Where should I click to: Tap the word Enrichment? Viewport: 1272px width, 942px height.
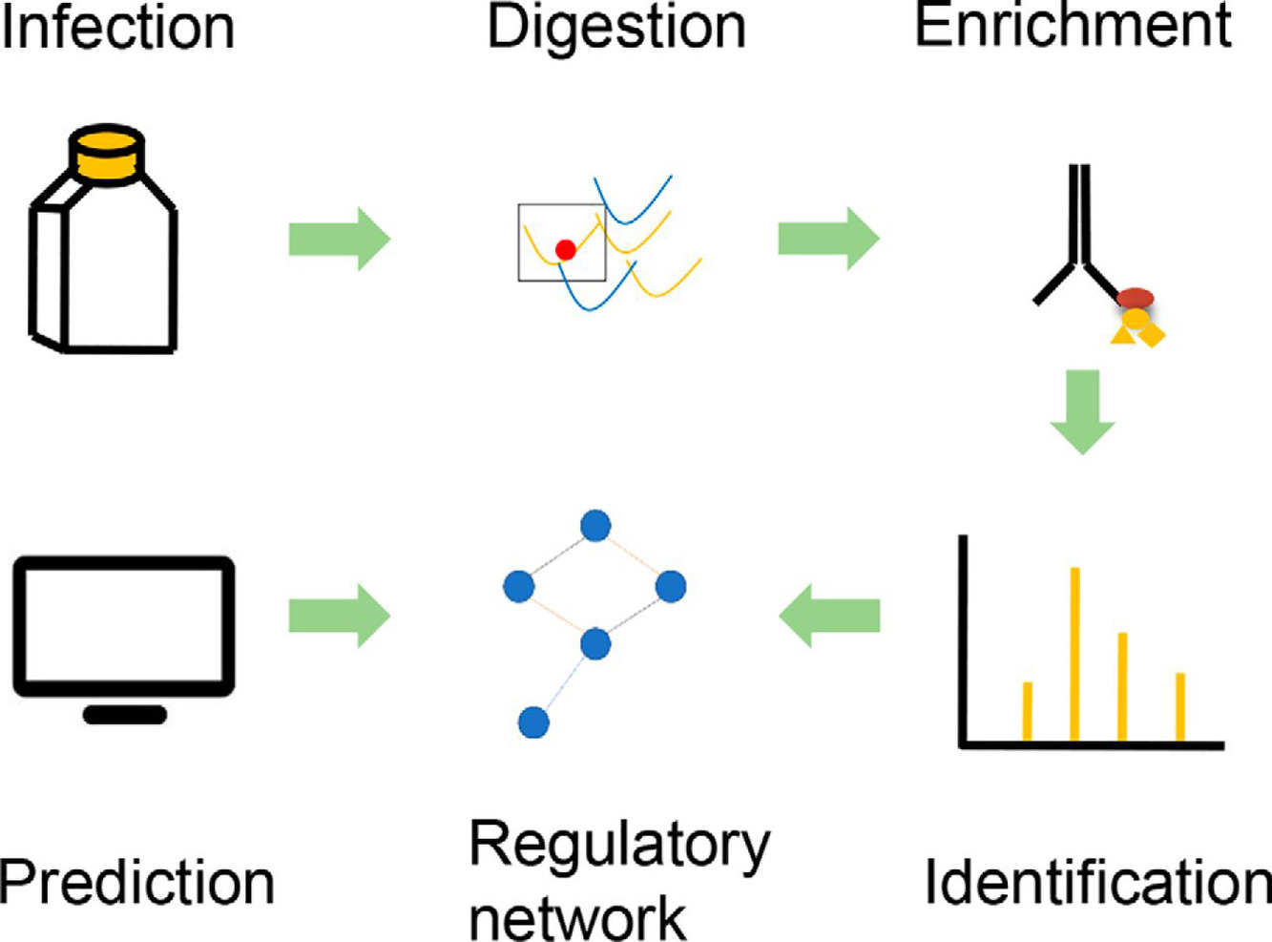coord(1074,27)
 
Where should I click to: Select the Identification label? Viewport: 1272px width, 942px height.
coord(1097,882)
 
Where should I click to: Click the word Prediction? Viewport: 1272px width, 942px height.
coord(136,882)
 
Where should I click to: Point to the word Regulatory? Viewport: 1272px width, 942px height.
coord(619,846)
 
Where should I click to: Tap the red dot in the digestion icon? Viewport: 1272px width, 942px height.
coord(566,250)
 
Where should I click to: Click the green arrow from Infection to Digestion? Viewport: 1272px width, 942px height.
coord(340,238)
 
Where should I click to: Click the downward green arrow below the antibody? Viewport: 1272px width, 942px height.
coord(1082,411)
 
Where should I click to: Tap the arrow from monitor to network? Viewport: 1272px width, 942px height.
coord(340,616)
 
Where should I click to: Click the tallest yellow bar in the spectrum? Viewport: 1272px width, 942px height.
coord(1074,654)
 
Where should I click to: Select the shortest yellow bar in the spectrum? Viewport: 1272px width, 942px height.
coord(1027,711)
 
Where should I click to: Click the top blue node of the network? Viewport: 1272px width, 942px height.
coord(595,526)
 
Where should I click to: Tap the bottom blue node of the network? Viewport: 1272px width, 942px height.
coord(533,722)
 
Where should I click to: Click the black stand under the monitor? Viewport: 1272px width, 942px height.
coord(125,714)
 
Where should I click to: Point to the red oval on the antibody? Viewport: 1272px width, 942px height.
coord(1136,299)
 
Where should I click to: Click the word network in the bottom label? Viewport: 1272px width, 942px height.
coord(577,918)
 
